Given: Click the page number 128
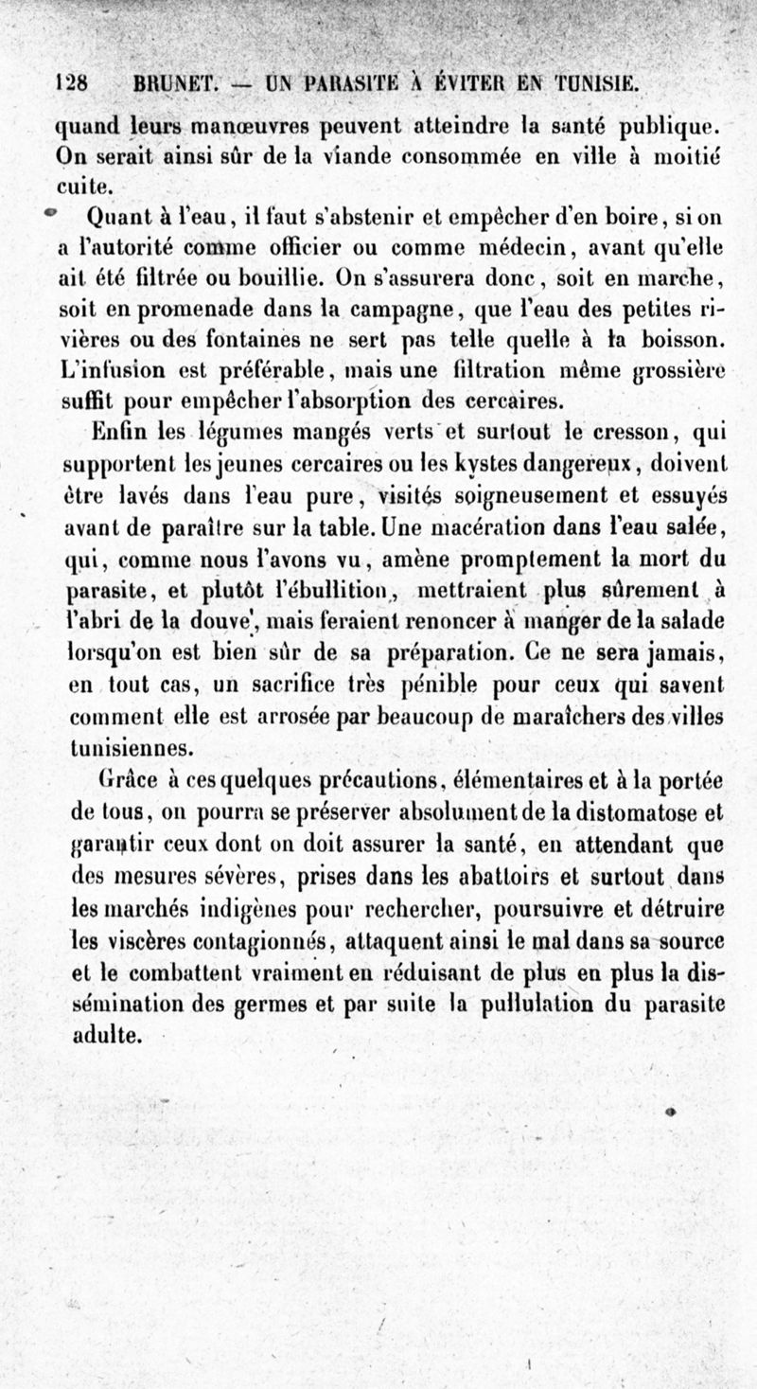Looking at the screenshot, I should click(72, 82).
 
